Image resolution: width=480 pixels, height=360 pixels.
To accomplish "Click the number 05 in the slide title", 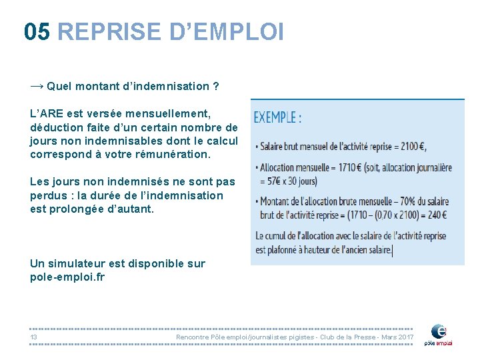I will point(36,31).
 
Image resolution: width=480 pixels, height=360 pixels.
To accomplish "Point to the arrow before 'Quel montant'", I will point(37,86).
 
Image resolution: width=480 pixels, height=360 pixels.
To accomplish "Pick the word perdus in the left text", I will point(47,195).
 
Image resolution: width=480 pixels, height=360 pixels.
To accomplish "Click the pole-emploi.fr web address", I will point(67,277).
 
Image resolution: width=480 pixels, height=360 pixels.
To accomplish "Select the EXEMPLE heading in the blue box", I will point(277,118).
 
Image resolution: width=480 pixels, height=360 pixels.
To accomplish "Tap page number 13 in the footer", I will point(33,337).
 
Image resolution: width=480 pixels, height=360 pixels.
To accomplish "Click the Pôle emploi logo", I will point(441,334).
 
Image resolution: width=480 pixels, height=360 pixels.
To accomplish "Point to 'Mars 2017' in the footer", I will point(397,337).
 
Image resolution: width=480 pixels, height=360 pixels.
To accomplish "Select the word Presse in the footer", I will point(365,337).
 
